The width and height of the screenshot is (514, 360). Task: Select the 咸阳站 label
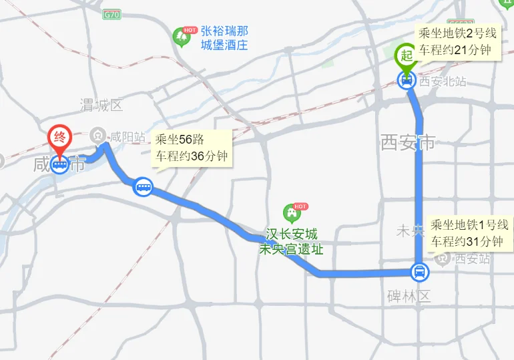click(128, 137)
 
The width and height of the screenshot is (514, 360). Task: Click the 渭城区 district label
click(102, 105)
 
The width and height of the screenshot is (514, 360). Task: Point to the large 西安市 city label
click(408, 142)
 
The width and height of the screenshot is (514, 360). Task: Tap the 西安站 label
click(471, 258)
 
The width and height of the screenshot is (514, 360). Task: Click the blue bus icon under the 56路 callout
click(144, 186)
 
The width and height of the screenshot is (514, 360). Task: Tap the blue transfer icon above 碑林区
click(419, 272)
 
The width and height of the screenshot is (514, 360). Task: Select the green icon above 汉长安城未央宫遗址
click(292, 213)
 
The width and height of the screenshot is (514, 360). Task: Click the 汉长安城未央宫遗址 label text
click(292, 242)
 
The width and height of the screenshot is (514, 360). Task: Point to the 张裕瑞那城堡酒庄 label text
click(224, 38)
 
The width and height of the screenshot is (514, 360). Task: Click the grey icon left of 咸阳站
click(99, 136)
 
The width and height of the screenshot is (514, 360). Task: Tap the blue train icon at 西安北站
click(406, 81)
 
